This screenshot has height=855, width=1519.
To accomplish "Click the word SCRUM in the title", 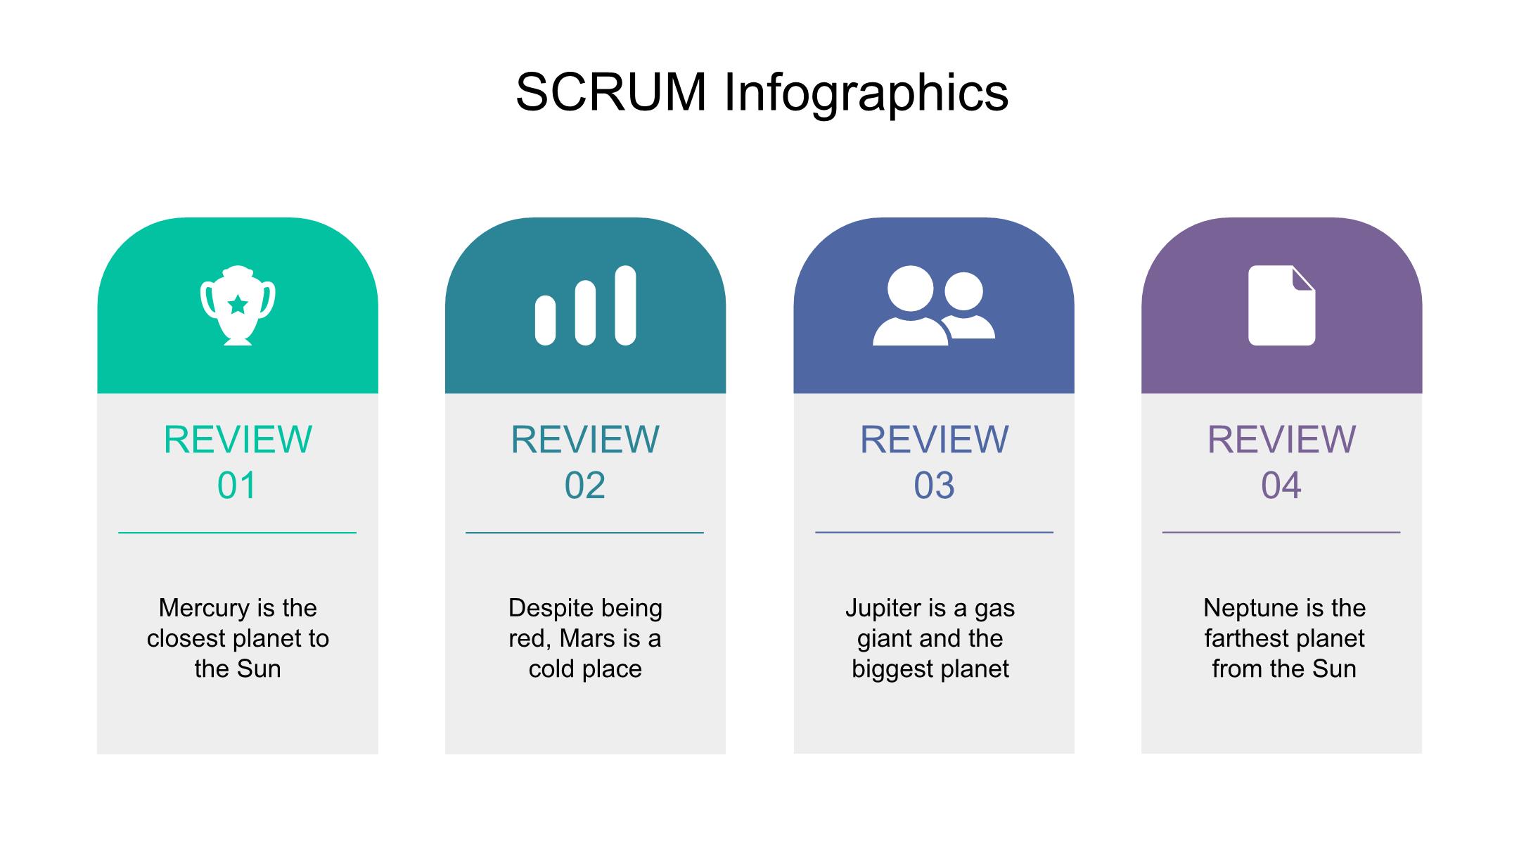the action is click(611, 91).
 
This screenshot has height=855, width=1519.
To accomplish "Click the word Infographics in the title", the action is click(866, 94).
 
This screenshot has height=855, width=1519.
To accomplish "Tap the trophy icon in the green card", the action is click(238, 305).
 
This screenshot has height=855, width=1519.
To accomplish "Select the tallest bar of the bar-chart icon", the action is click(625, 305).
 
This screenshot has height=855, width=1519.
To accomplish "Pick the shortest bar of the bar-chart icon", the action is click(545, 320).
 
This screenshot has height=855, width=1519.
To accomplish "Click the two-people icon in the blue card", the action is click(934, 305).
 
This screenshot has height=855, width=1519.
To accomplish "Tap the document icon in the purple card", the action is click(1281, 305).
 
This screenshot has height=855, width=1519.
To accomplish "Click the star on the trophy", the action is click(238, 305).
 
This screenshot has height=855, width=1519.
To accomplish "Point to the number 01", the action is click(237, 486).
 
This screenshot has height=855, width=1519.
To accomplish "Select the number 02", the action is click(585, 486).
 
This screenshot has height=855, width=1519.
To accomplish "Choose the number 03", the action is click(934, 486).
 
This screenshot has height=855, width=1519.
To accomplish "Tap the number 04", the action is click(1281, 486).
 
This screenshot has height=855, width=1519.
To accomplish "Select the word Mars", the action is click(588, 638).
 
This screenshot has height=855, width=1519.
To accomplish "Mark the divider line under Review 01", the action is click(238, 533).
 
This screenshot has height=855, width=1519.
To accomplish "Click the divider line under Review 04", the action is click(1281, 533).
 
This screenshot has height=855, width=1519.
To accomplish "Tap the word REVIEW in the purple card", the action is click(1281, 440).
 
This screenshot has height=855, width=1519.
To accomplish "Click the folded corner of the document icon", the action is click(1303, 278).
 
